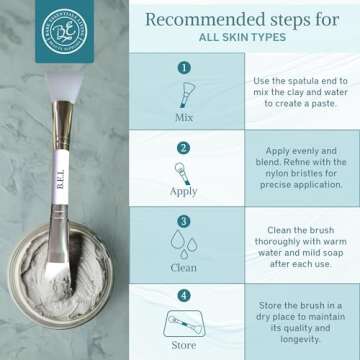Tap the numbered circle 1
coord(183,68)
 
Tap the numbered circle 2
coord(183,145)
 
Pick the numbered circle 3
coord(183,221)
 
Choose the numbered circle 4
coord(183,295)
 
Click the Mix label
coord(183,114)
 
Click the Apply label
coord(183,190)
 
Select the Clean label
coord(183,267)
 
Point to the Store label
coord(183,346)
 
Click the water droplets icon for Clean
coord(183,243)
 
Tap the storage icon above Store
coord(183,322)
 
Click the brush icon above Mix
coord(183,92)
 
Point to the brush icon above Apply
coord(183,170)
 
